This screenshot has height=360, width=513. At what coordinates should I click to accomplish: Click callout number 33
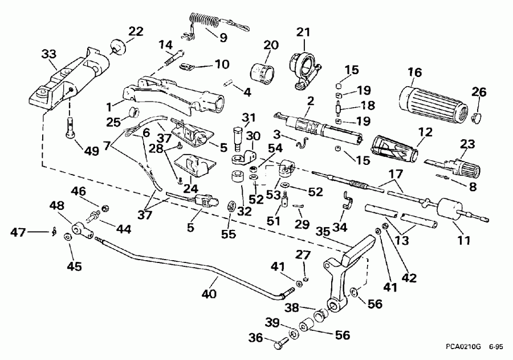pos(49,55)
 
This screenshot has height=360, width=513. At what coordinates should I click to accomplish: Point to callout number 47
pos(19,231)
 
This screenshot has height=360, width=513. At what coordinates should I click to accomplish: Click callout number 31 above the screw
pos(247,118)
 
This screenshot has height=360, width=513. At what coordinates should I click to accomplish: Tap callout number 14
pos(165,44)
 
